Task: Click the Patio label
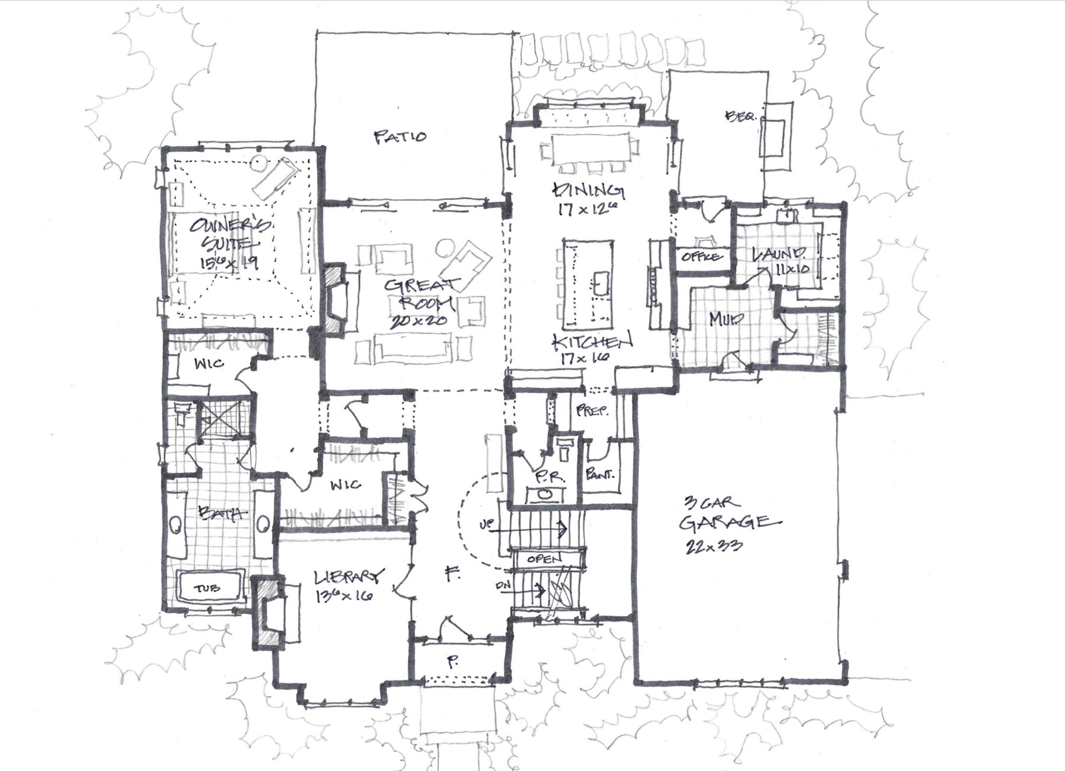pos(400,137)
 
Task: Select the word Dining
pos(588,190)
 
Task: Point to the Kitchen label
pos(592,341)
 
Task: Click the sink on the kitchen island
pos(598,283)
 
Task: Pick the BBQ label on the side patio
pos(740,116)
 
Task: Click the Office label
pos(701,257)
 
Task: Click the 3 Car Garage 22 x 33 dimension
pos(714,546)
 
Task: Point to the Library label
pos(349,576)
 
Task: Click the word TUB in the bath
pos(207,588)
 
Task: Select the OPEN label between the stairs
pos(544,559)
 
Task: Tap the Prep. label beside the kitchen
pos(592,410)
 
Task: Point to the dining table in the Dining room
pos(590,148)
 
